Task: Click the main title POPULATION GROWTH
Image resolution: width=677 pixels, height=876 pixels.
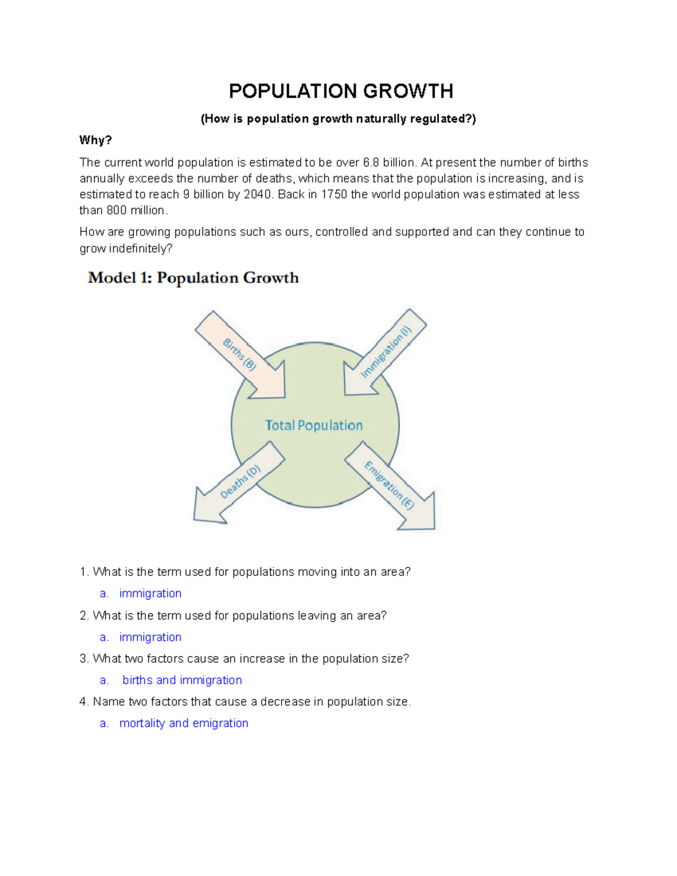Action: click(x=341, y=91)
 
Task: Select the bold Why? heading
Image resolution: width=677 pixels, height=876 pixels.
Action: click(x=95, y=140)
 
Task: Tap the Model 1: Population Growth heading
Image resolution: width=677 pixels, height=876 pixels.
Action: click(x=193, y=278)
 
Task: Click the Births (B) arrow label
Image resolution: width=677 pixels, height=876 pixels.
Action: click(x=239, y=354)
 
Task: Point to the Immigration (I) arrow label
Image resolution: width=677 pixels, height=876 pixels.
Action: click(x=386, y=352)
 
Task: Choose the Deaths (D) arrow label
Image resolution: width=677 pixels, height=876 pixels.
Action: click(x=240, y=482)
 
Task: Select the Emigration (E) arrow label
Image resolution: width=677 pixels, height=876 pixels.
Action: click(x=389, y=485)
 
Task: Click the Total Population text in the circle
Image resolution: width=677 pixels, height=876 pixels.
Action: click(x=314, y=425)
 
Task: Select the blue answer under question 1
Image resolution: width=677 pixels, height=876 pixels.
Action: click(x=150, y=593)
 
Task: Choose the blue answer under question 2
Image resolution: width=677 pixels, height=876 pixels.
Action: click(x=150, y=637)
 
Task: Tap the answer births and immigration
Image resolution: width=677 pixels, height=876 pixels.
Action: click(x=182, y=680)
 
